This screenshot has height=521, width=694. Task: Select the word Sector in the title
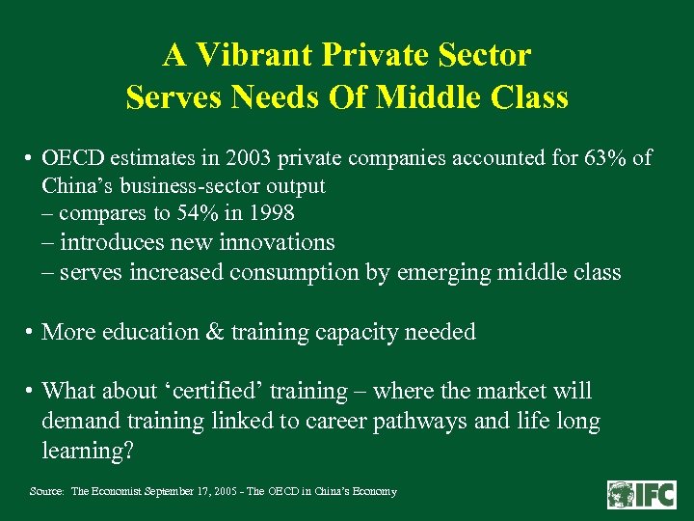(x=482, y=55)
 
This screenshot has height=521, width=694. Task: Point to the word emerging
(x=444, y=273)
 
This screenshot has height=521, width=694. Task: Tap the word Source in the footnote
(x=46, y=492)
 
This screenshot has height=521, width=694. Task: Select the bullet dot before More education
(x=32, y=333)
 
